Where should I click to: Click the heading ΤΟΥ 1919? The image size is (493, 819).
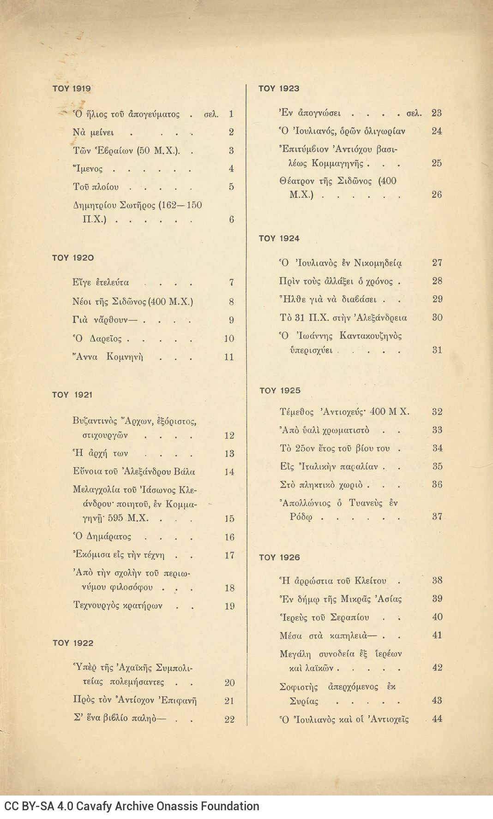pyautogui.click(x=72, y=89)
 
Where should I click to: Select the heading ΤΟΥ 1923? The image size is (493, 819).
pyautogui.click(x=279, y=89)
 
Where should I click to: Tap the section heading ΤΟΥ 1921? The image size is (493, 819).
pyautogui.click(x=72, y=395)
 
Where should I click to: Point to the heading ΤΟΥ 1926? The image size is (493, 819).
pyautogui.click(x=279, y=558)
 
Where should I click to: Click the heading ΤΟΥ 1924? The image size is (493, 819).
pyautogui.click(x=279, y=238)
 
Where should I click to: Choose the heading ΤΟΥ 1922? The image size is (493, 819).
pyautogui.click(x=73, y=643)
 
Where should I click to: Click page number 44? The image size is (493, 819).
pyautogui.click(x=437, y=718)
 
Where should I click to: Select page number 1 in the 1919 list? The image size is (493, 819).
pyautogui.click(x=231, y=114)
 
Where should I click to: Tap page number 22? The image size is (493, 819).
pyautogui.click(x=229, y=719)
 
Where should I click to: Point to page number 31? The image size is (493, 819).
pyautogui.click(x=437, y=350)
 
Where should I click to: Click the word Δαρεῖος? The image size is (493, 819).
pyautogui.click(x=106, y=339)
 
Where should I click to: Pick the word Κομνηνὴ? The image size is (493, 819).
pyautogui.click(x=125, y=357)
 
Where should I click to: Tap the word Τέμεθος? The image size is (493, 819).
pyautogui.click(x=296, y=412)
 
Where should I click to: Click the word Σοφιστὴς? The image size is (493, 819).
pyautogui.click(x=299, y=687)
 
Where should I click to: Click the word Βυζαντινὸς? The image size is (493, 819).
pyautogui.click(x=95, y=421)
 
